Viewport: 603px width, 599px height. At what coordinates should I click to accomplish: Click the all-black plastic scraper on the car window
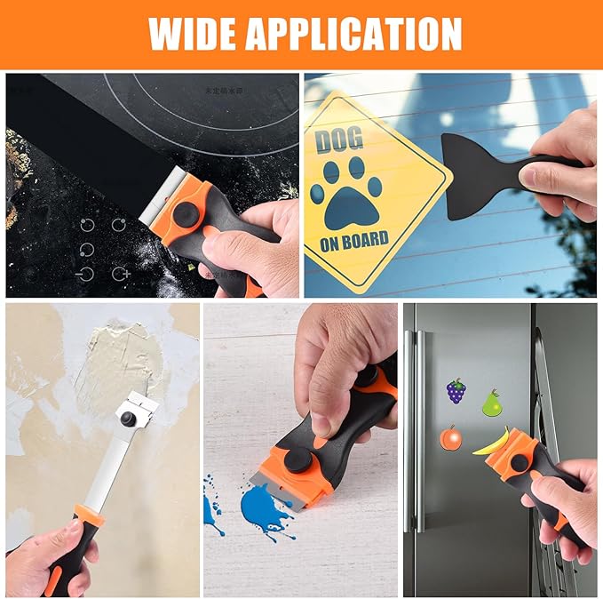tap(484, 173)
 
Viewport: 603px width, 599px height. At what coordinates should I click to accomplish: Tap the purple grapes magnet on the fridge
tap(456, 391)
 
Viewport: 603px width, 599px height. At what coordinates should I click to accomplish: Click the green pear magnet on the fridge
tap(491, 403)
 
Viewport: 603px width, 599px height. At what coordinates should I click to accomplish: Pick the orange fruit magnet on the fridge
tap(450, 439)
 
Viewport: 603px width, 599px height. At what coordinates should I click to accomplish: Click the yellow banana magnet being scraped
tap(491, 442)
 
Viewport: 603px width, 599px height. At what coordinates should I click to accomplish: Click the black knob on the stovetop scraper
tap(186, 214)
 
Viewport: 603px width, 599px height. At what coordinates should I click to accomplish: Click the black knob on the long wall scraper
tap(130, 417)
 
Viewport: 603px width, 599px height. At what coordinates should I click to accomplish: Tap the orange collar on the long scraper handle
tap(87, 515)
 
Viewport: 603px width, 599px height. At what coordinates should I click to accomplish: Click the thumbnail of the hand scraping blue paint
tap(300, 450)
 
